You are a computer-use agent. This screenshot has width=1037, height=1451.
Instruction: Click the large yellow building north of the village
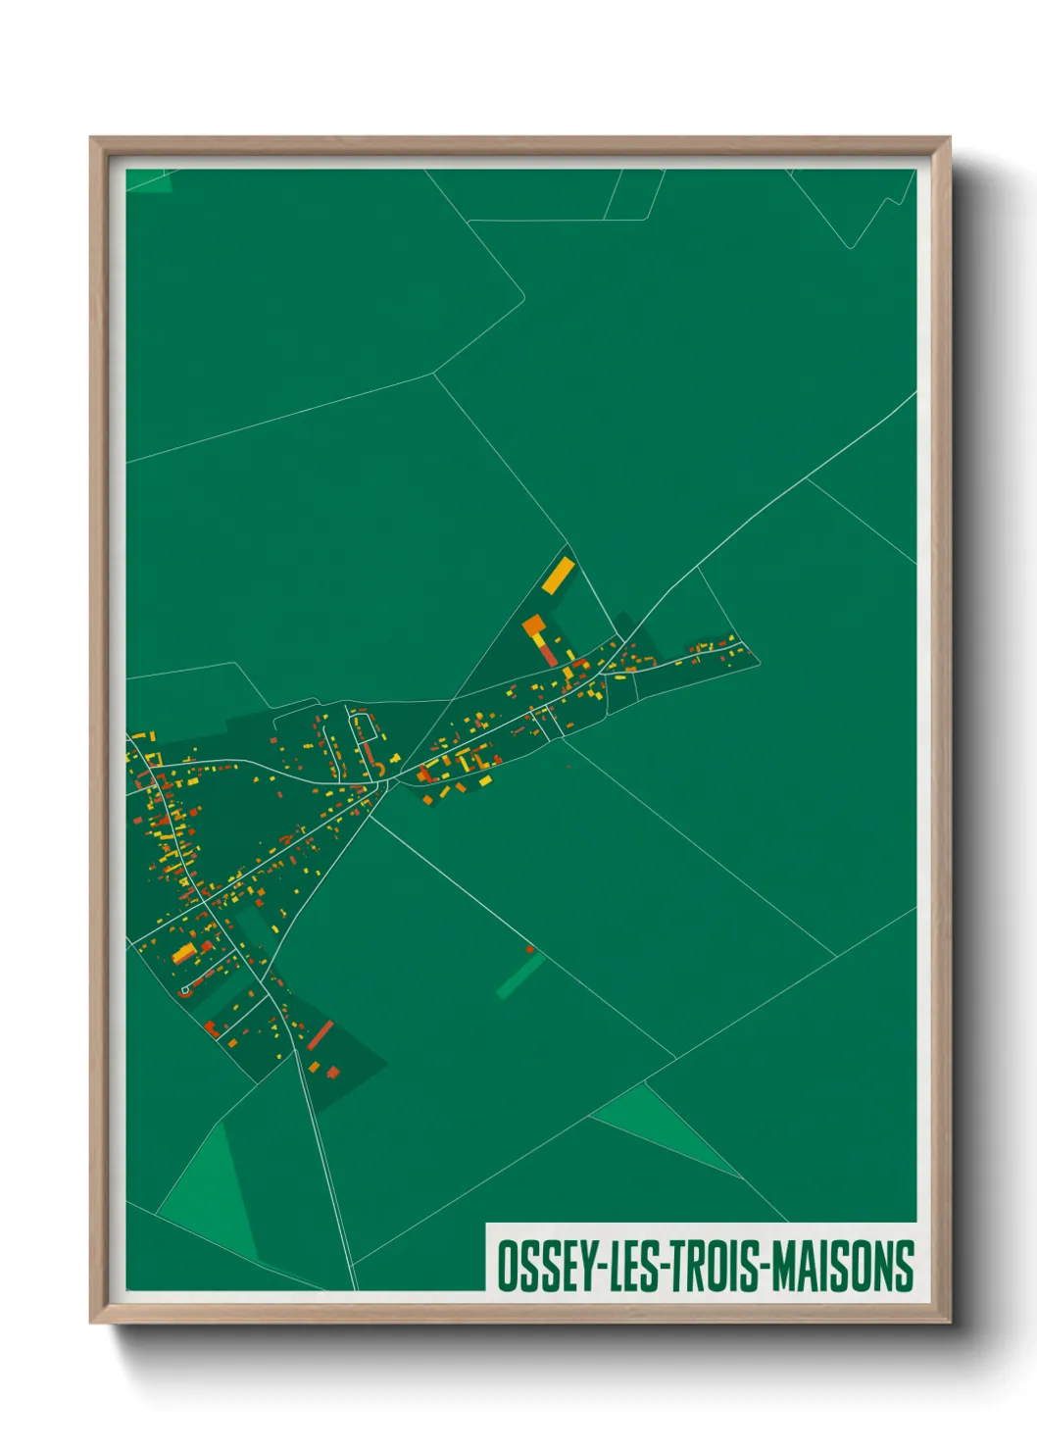pyautogui.click(x=558, y=575)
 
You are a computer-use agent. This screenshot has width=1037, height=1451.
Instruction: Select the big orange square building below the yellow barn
pyautogui.click(x=533, y=625)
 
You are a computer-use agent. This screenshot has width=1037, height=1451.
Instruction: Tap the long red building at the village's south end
pyautogui.click(x=321, y=1034)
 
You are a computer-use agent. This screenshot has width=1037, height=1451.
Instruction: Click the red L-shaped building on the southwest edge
pyautogui.click(x=210, y=1027)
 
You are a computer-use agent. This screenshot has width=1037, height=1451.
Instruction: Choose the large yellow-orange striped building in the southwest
pyautogui.click(x=184, y=952)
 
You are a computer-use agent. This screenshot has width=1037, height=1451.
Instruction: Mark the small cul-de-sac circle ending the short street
pyautogui.click(x=184, y=991)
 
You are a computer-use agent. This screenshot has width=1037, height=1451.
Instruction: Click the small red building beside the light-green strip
pyautogui.click(x=530, y=949)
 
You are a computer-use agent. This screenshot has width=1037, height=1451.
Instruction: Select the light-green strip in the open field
pyautogui.click(x=519, y=976)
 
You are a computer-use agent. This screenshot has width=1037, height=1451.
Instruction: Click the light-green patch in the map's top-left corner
pyautogui.click(x=149, y=180)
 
